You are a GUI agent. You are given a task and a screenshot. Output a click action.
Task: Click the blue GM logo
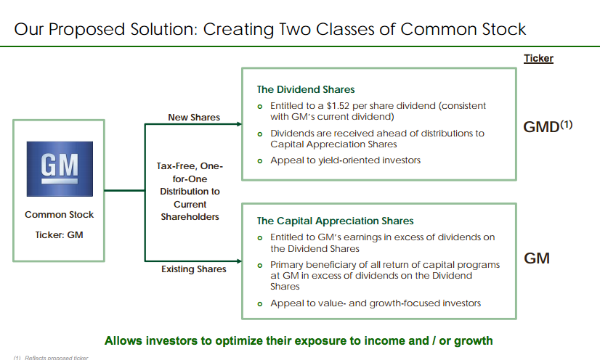click(x=60, y=169)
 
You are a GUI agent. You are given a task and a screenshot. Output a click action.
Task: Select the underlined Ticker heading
click(x=538, y=59)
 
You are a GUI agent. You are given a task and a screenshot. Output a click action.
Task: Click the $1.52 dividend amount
click(x=338, y=106)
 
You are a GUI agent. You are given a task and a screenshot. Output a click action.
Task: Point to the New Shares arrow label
click(x=194, y=118)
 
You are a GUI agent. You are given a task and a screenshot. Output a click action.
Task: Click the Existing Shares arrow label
click(x=194, y=269)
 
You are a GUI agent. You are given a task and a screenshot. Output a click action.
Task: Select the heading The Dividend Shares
click(x=306, y=89)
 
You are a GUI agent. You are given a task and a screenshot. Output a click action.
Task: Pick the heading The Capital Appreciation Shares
click(x=335, y=221)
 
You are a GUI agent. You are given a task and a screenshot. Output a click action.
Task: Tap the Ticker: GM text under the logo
click(x=60, y=235)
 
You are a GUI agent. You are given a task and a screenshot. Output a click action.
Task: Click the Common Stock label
click(x=60, y=215)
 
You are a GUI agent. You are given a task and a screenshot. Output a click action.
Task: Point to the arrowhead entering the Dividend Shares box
click(x=239, y=124)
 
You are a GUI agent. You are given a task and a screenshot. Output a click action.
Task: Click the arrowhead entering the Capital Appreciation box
click(x=239, y=261)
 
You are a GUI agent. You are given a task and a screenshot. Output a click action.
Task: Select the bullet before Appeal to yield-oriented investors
click(x=260, y=161)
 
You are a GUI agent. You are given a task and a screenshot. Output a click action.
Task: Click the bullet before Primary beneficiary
click(x=260, y=266)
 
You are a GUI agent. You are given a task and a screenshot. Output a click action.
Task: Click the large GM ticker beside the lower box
click(x=537, y=258)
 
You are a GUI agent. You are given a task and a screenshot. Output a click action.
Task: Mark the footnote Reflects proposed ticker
click(x=56, y=358)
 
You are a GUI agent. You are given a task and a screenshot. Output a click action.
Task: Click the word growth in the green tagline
click(x=474, y=341)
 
